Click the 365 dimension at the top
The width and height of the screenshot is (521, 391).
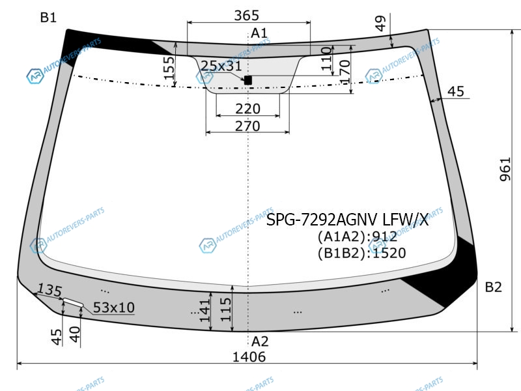point(246,15)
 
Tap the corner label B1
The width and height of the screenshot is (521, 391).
point(48,18)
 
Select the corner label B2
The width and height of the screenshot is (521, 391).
point(493,287)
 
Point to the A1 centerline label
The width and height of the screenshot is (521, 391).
point(259,33)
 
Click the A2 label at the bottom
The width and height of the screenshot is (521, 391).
point(259,341)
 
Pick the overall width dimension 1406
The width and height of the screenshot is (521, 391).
point(249,356)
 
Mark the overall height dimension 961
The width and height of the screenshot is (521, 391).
point(505,169)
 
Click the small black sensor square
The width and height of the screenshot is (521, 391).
point(248,80)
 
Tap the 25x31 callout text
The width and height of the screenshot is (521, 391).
point(221,66)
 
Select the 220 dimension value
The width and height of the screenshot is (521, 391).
point(248,109)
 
